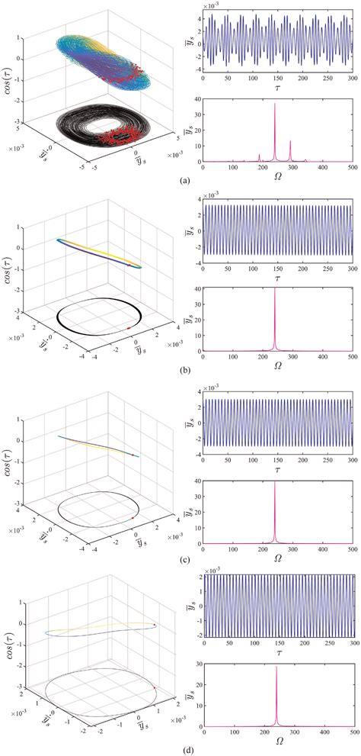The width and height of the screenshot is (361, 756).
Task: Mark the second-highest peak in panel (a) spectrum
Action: pos(290,141)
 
